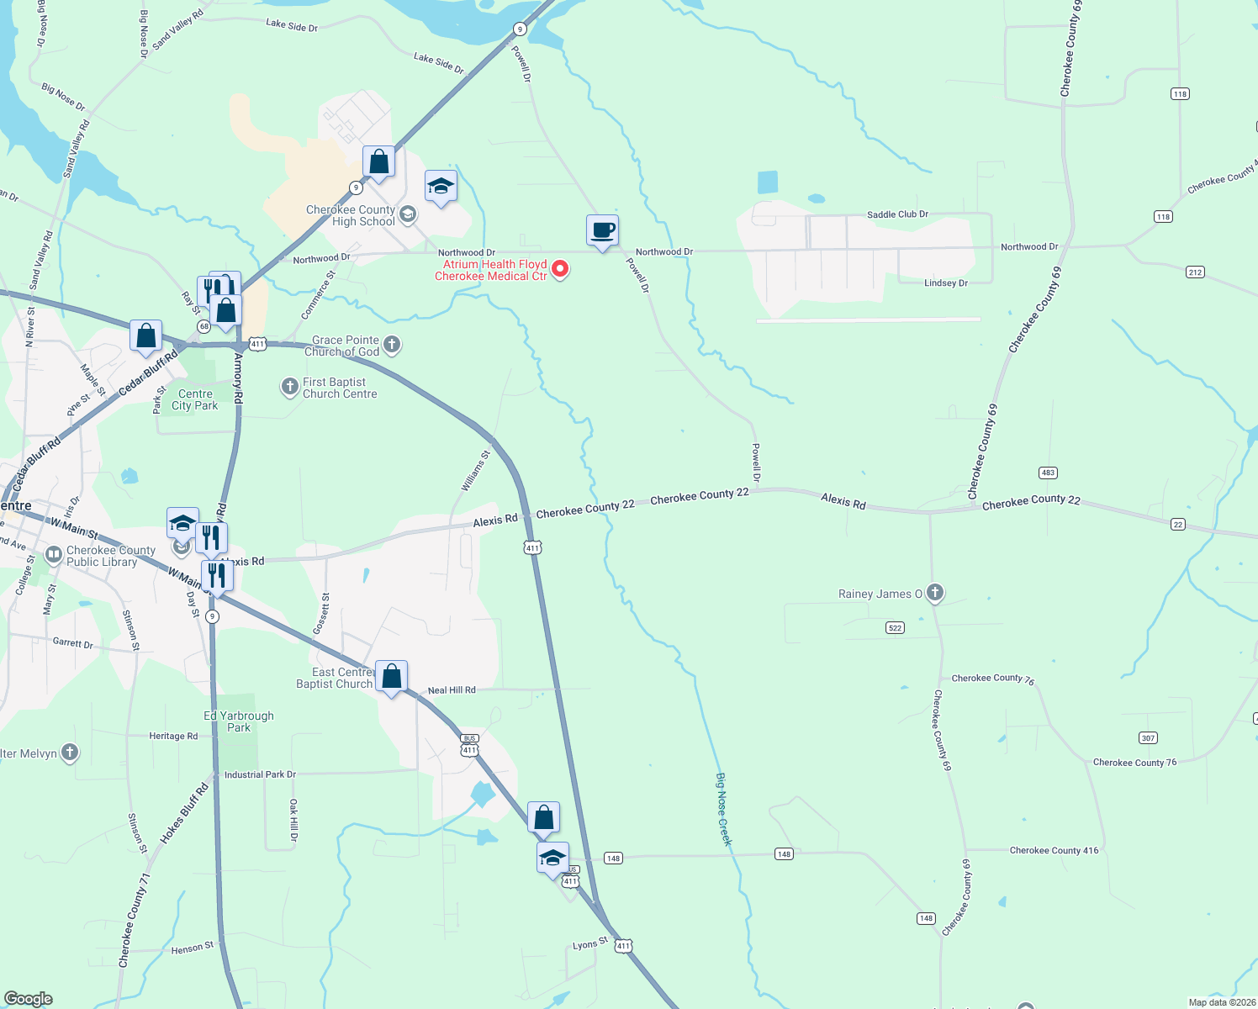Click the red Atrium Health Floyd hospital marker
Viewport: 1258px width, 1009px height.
[x=559, y=270]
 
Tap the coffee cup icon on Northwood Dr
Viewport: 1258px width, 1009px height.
[x=602, y=230]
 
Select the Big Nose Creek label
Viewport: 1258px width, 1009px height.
[x=724, y=809]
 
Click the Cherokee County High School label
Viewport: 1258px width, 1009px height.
[x=351, y=216]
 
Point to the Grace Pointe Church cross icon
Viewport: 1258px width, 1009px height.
[x=392, y=344]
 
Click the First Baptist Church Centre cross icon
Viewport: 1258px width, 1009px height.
[x=289, y=387]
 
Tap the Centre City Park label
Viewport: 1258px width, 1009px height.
[x=195, y=399]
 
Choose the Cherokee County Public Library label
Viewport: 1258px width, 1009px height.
[x=110, y=556]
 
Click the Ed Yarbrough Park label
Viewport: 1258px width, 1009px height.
[x=239, y=721]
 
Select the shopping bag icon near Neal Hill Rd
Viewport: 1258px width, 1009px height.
[x=392, y=676]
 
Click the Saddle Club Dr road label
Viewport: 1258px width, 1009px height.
[x=897, y=214]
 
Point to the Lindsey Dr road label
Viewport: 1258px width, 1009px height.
[x=946, y=283]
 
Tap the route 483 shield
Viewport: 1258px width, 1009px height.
[x=1048, y=473]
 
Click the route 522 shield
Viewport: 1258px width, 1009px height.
[x=895, y=627]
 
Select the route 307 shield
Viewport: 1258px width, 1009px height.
[x=1149, y=737]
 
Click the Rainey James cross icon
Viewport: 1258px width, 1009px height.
[x=934, y=593]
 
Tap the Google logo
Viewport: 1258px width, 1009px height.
[x=28, y=998]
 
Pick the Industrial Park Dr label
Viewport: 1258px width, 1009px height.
[x=260, y=774]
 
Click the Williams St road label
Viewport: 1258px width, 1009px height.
[x=475, y=471]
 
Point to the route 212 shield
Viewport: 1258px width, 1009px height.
[x=1195, y=272]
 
